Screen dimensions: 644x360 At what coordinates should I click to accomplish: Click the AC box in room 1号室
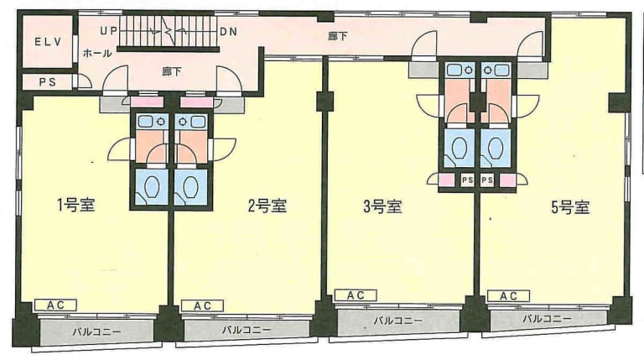coord(55,305)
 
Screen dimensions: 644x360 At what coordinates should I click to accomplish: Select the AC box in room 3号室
coord(356,295)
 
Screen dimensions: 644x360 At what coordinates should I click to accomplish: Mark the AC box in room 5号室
coord(508,295)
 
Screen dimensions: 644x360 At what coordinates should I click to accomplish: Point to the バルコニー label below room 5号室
coord(546,320)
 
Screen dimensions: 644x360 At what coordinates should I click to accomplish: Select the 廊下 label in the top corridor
coord(337,35)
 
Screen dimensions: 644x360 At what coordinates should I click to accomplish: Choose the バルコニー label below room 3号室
coord(397,321)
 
